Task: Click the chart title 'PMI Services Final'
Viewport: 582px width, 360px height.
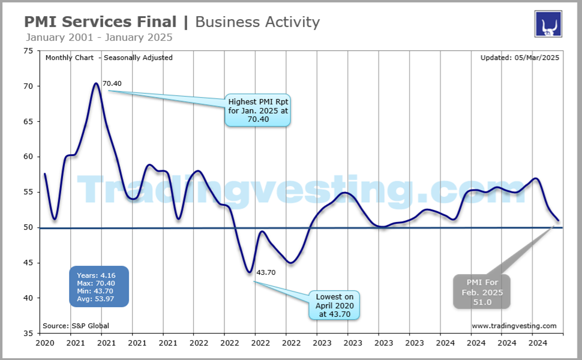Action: [x=100, y=22]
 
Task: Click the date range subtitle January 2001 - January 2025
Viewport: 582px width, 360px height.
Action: [x=99, y=37]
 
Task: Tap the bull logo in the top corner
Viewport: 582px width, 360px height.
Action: [x=548, y=24]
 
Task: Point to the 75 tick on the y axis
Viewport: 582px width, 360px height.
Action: [x=28, y=51]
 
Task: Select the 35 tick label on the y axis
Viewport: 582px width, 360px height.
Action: [x=28, y=333]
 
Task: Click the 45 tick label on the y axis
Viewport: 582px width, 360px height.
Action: [x=28, y=263]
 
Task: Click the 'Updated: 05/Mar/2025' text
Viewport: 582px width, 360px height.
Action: [x=520, y=58]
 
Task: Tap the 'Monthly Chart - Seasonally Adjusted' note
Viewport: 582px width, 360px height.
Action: [x=109, y=58]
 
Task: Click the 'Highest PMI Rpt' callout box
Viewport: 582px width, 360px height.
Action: [x=257, y=110]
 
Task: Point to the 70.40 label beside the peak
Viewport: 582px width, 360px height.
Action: [x=112, y=83]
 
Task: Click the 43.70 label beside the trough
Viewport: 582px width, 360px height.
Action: [x=266, y=272]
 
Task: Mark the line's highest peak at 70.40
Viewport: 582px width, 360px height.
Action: [x=96, y=83]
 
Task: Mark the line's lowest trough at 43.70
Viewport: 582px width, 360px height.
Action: [x=250, y=272]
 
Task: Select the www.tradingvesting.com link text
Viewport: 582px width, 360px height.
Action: [x=514, y=326]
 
